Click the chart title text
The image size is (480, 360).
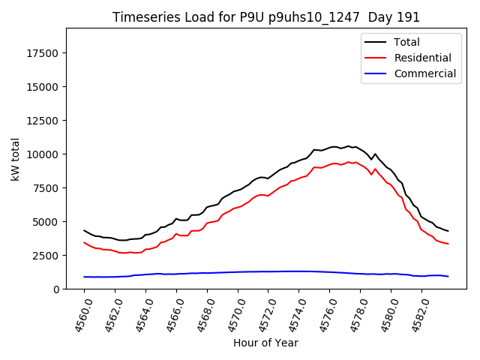click(x=266, y=17)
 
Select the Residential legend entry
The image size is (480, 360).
click(x=422, y=58)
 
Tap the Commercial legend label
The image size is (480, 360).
click(x=424, y=73)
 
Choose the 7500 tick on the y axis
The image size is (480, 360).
click(x=47, y=187)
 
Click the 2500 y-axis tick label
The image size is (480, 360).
click(x=47, y=255)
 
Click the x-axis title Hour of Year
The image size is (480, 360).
click(x=265, y=343)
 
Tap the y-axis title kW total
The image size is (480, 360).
click(x=15, y=158)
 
